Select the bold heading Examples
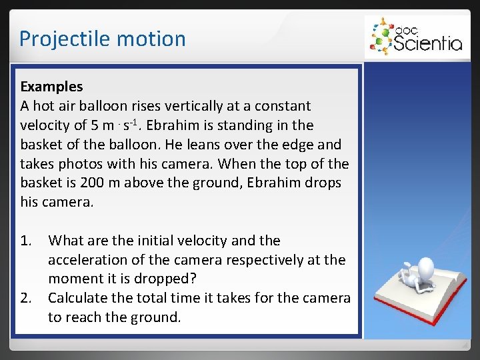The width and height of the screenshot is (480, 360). (x=51, y=86)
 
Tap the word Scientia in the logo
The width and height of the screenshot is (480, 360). (x=427, y=43)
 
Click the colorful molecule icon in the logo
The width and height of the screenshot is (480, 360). (x=381, y=36)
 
